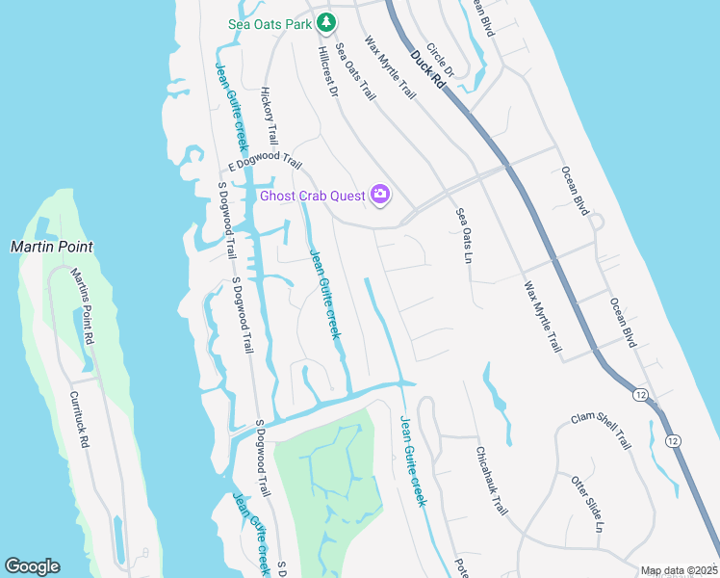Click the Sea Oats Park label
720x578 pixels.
272,23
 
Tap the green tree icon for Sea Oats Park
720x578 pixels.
326,21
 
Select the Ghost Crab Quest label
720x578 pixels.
313,197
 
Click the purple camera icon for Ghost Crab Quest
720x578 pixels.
380,197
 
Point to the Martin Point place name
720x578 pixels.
52,247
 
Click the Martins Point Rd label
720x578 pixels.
83,306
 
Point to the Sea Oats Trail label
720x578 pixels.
354,70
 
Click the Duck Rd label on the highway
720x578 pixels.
427,70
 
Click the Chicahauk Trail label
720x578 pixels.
491,481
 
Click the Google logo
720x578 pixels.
32,566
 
